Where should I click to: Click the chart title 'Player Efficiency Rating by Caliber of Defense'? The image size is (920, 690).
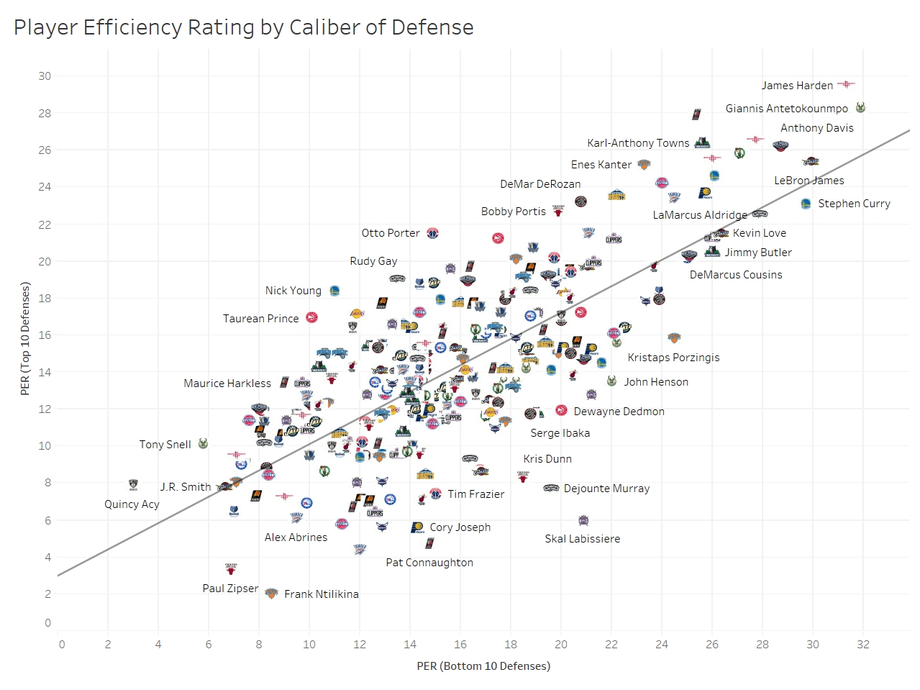click(243, 27)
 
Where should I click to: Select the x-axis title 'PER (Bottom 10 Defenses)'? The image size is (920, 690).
click(483, 666)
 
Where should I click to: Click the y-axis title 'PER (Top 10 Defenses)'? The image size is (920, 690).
click(25, 339)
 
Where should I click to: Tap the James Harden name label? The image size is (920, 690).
click(797, 86)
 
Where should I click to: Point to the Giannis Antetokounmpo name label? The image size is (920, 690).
click(786, 109)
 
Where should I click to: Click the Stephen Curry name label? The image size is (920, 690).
click(854, 204)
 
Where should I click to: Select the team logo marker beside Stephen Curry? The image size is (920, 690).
click(806, 204)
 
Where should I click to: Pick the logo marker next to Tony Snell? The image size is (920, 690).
click(203, 443)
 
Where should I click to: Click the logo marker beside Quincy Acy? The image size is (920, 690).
click(132, 484)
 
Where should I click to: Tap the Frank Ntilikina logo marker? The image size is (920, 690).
click(271, 594)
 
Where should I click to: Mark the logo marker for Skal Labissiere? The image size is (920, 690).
click(583, 520)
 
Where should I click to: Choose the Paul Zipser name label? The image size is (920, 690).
click(230, 588)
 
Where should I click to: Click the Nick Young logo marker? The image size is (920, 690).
click(334, 291)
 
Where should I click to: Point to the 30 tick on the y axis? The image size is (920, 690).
click(45, 76)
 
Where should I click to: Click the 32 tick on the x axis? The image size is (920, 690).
click(862, 644)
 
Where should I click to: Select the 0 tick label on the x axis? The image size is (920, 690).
click(61, 644)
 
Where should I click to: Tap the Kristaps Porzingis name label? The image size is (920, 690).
click(673, 358)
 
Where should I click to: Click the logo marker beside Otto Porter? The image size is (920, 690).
click(432, 233)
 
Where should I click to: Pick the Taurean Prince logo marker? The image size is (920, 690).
click(311, 317)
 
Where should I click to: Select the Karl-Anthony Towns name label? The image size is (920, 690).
click(638, 143)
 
